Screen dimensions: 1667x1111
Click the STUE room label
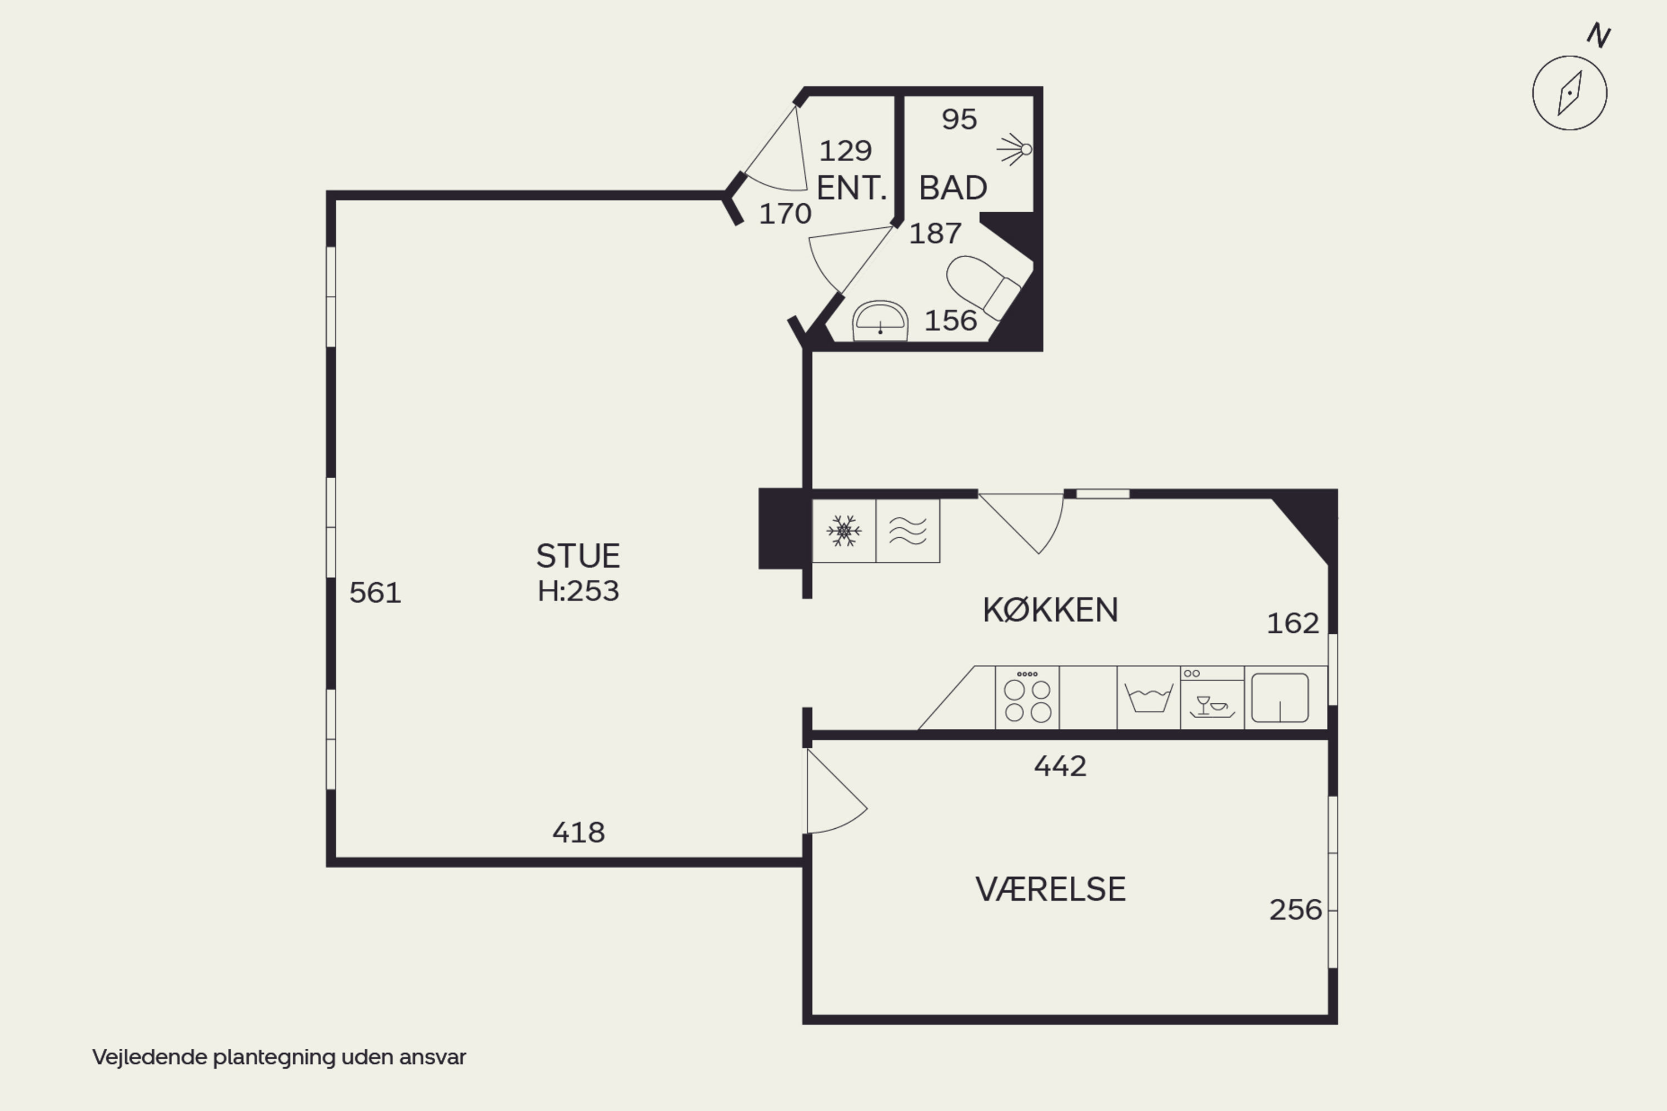578,556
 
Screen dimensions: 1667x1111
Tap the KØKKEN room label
1050,610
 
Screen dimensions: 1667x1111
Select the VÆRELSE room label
1050,889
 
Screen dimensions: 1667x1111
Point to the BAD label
952,188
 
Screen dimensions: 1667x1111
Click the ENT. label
851,188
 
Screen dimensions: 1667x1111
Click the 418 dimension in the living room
578,833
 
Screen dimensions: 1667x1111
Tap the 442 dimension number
1060,766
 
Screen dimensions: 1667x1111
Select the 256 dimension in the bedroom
1295,910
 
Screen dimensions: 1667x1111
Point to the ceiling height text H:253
578,591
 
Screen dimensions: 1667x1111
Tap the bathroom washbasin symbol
880,321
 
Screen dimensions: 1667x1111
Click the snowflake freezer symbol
844,531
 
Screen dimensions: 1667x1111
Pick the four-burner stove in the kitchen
1027,697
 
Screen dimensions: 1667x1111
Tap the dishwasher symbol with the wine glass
1212,697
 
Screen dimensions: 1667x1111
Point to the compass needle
1569,93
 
